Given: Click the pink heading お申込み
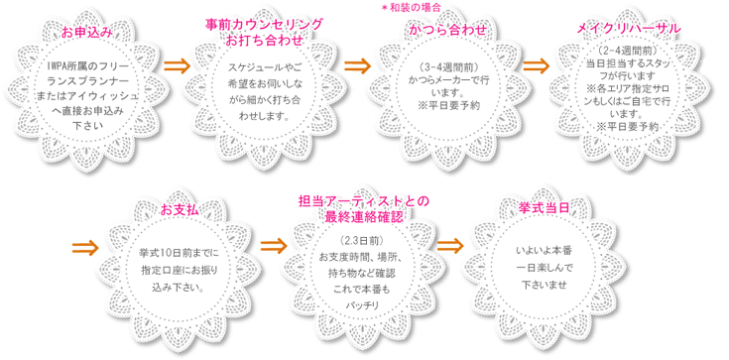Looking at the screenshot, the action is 87,33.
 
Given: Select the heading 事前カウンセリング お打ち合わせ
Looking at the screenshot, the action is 264,32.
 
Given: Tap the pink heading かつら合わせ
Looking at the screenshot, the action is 448,30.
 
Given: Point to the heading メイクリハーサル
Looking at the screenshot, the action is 629,29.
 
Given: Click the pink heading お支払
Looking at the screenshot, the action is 180,210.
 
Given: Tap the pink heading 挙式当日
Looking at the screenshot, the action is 544,208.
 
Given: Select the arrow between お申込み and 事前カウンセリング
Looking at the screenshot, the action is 178,66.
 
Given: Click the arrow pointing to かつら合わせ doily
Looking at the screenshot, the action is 357,66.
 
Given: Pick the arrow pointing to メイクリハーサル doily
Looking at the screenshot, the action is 536,65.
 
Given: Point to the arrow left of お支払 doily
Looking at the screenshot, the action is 86,248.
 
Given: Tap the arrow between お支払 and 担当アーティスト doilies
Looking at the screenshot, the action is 274,247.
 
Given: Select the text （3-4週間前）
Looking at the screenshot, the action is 448,66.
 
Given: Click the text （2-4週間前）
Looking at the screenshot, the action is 627,51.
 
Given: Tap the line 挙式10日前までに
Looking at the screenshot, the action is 179,255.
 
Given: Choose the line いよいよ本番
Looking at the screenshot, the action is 544,251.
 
